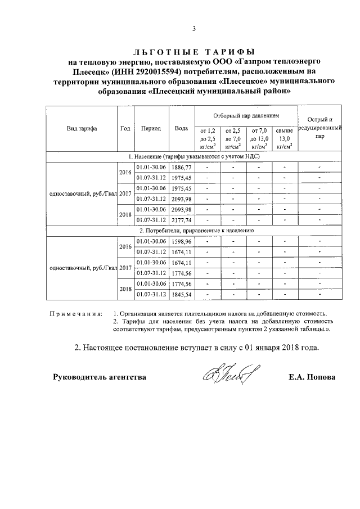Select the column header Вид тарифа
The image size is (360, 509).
click(82, 128)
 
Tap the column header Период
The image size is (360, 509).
click(151, 128)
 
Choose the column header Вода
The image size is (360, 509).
click(181, 128)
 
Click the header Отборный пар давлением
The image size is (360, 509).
click(246, 115)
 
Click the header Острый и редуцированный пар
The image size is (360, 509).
click(319, 128)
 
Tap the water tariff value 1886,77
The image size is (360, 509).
click(181, 168)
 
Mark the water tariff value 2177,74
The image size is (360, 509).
click(181, 219)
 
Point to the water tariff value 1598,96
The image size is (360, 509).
click(181, 242)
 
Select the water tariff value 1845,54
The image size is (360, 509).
click(181, 294)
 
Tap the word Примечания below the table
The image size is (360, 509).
click(76, 314)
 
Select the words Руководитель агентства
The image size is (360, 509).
click(100, 377)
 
